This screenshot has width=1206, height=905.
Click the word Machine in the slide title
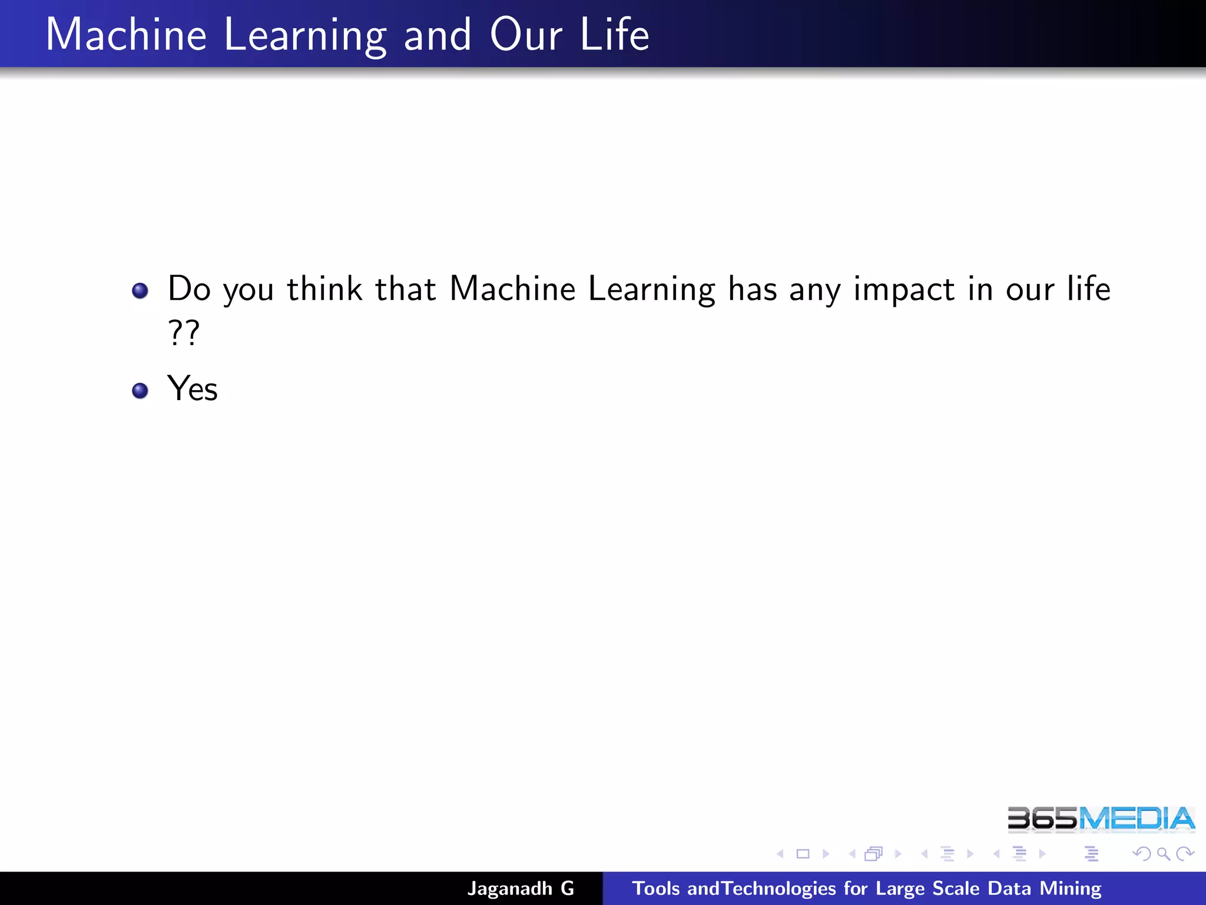click(x=126, y=35)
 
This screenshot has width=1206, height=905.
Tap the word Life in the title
click(x=614, y=35)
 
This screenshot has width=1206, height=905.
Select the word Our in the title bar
click(x=525, y=35)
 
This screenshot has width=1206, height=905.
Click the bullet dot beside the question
click(x=140, y=290)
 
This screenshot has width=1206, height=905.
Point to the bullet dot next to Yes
click(x=140, y=391)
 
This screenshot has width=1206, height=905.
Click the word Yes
click(x=193, y=389)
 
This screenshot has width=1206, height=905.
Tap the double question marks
click(x=184, y=333)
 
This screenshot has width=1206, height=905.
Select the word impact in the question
click(x=904, y=290)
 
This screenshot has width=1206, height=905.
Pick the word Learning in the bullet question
click(x=652, y=290)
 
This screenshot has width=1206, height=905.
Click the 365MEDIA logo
click(x=1101, y=819)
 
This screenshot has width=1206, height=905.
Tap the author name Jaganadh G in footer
click(x=521, y=889)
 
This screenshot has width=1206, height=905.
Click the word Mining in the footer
click(x=1070, y=889)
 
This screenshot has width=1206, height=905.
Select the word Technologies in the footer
click(x=779, y=889)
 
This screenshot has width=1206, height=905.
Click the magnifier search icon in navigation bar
click(x=1163, y=854)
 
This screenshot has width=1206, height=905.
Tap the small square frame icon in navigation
click(x=803, y=854)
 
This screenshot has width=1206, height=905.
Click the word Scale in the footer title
click(x=956, y=889)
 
